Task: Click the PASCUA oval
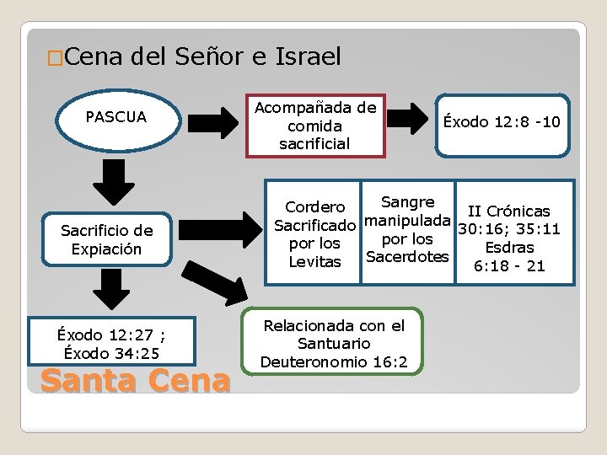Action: pos(115,117)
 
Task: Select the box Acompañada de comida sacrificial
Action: pos(315,126)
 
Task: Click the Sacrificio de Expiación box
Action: pos(107,240)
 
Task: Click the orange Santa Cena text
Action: pos(135,382)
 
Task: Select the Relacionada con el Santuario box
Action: pos(334,343)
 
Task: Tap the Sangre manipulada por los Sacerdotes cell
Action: pos(407,229)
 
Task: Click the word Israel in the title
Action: pos(308,57)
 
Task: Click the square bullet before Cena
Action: pos(54,59)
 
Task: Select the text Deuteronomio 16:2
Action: pos(334,361)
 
